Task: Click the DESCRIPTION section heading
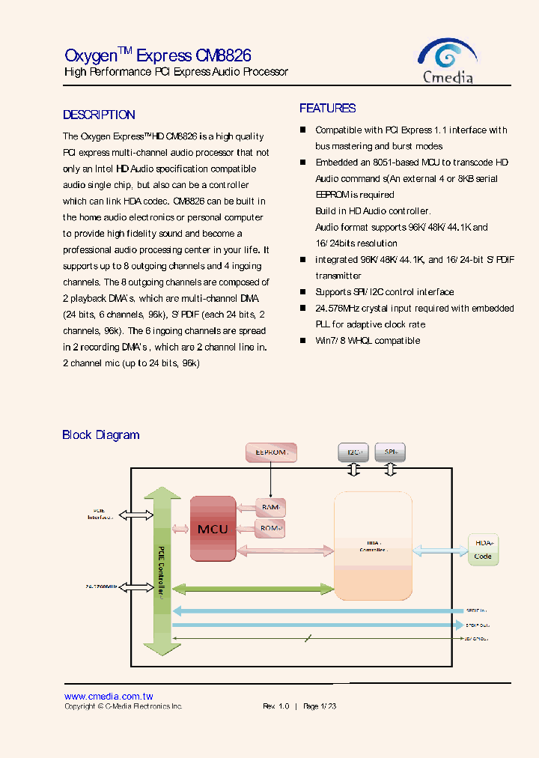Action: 99,115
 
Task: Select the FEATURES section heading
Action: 327,109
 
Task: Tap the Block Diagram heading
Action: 100,434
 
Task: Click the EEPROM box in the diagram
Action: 271,452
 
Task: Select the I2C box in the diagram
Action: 353,452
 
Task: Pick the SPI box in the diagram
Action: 390,452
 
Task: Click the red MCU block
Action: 213,528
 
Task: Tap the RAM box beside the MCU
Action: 270,508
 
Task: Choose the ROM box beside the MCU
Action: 270,528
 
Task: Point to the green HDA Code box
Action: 483,549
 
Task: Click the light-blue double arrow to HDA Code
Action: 439,550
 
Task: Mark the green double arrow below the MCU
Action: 252,587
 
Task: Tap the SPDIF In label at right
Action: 476,610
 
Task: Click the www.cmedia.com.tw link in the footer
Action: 109,696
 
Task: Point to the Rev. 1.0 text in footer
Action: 275,706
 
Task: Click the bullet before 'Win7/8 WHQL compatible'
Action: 303,340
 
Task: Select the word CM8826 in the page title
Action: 223,55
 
